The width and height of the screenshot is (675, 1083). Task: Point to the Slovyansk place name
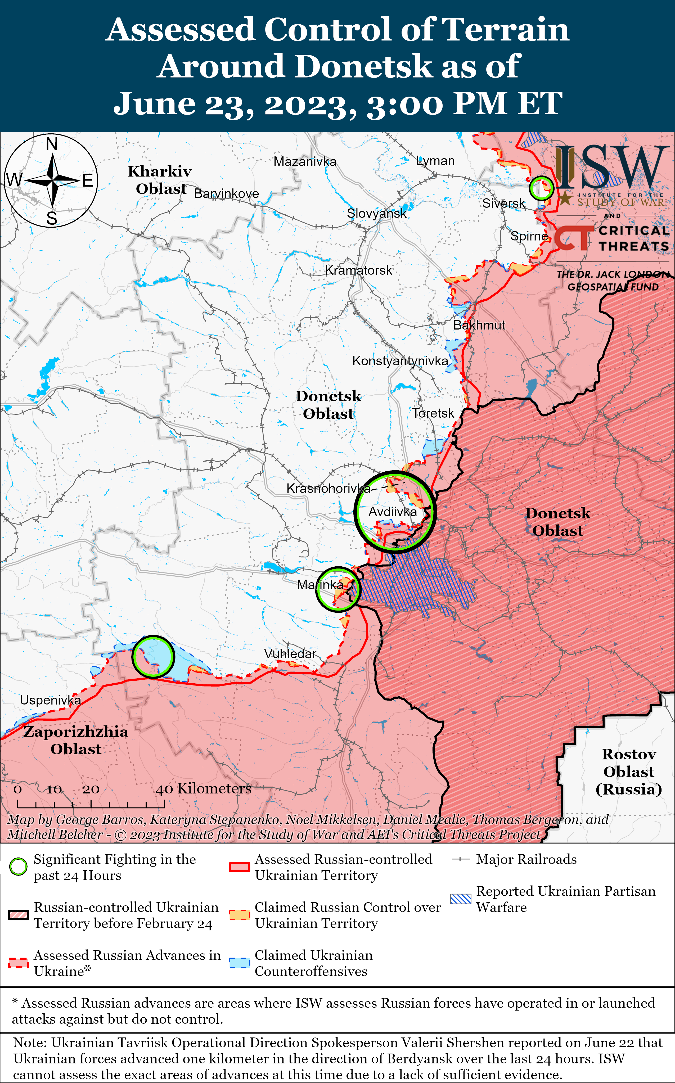(376, 213)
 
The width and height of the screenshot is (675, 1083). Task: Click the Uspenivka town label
(51, 700)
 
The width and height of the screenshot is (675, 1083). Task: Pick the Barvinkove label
(226, 194)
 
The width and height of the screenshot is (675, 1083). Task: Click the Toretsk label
(433, 413)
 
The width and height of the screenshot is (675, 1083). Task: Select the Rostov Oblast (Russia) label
(629, 771)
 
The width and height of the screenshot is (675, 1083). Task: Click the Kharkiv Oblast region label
(160, 180)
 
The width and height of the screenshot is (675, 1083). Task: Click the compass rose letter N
(52, 144)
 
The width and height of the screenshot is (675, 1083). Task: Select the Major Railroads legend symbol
(460, 859)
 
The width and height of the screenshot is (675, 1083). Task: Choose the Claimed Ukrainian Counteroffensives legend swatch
(239, 963)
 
